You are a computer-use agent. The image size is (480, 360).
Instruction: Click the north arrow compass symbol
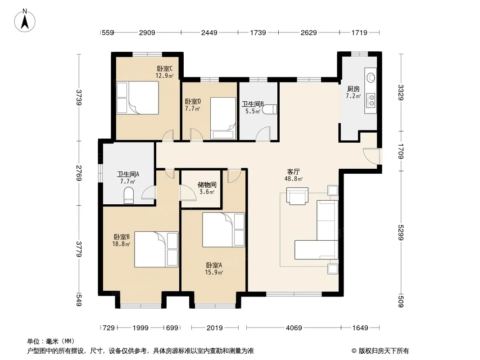coord(25,21)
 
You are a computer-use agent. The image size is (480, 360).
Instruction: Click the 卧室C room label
coord(165,68)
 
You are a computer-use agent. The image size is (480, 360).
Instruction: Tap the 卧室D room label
coord(193,101)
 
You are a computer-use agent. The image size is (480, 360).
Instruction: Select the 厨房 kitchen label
coord(353,89)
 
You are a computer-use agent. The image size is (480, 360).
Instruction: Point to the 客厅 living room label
coord(293,172)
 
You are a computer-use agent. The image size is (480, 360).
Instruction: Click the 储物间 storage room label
coord(207,185)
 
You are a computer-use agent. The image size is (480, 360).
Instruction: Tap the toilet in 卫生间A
coord(129,195)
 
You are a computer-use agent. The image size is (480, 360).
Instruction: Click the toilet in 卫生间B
coord(269,109)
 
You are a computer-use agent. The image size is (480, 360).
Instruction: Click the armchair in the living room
coord(297,195)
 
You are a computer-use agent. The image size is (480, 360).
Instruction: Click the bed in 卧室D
coord(223,118)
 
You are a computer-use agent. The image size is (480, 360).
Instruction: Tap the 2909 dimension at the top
coord(147,32)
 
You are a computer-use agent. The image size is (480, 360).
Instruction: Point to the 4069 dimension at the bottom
coord(294,328)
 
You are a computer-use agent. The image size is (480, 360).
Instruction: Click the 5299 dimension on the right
coord(401,233)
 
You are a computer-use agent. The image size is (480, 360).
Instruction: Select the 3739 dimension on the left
coord(79,97)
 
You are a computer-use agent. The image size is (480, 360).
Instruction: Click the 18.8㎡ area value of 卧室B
coord(121,244)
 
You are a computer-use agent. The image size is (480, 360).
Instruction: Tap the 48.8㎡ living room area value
coord(294,179)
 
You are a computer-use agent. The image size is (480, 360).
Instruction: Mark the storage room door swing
coord(188,193)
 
